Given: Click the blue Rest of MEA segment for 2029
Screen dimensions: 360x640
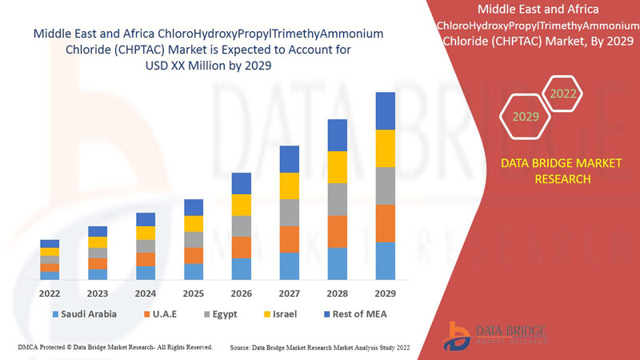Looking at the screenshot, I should point(386,110).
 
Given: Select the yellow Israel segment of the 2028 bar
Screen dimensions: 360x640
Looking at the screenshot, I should point(338,166).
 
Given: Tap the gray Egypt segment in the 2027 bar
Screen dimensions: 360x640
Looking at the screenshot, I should point(290,213).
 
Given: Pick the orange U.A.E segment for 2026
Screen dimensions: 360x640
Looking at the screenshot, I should point(242,247).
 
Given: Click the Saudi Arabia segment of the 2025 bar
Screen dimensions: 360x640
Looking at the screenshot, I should point(194,271).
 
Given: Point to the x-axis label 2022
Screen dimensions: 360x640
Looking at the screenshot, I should point(50,293).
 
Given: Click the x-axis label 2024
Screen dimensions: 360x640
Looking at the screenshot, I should point(146,293).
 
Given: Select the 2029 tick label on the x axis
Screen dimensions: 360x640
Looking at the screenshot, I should point(386,293).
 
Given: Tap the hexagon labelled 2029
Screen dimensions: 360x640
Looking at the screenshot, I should point(526,117).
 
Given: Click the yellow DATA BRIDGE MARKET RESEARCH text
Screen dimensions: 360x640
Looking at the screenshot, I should point(560,170).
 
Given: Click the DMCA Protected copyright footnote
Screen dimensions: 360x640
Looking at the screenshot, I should point(114,347).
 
